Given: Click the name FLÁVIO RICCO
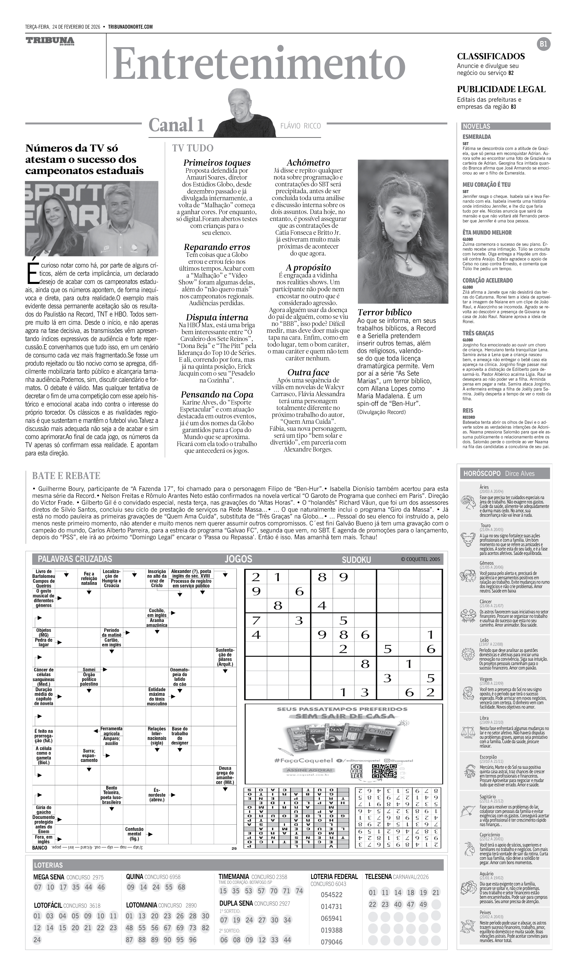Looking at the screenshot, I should coord(300,126).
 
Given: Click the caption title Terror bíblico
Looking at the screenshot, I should coord(384,312).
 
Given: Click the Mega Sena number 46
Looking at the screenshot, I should coord(101,887).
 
